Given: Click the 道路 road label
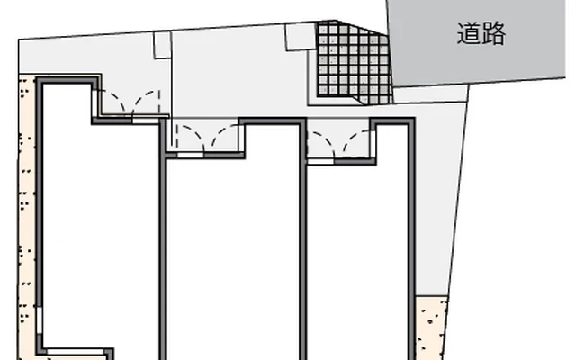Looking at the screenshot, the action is (481, 33).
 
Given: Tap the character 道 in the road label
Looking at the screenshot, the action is (469, 33).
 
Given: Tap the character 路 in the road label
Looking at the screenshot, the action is (494, 33).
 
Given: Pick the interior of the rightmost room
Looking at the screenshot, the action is (357, 257).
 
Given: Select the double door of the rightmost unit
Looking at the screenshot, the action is (340, 144).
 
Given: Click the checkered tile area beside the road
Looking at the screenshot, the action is (353, 62).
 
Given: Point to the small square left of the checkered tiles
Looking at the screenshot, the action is (301, 36).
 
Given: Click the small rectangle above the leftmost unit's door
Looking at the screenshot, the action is (162, 45).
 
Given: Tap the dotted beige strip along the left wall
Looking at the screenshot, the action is (27, 217).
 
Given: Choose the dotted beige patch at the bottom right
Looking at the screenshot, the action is (430, 328).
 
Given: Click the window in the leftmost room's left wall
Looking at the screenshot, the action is (40, 320).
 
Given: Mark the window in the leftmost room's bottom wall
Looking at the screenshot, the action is (76, 352).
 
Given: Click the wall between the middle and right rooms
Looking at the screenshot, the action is (303, 238).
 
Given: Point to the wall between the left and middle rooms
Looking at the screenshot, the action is (164, 238).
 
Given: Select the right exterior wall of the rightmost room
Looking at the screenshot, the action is (412, 238).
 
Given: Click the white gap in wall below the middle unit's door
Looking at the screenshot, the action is (191, 156).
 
